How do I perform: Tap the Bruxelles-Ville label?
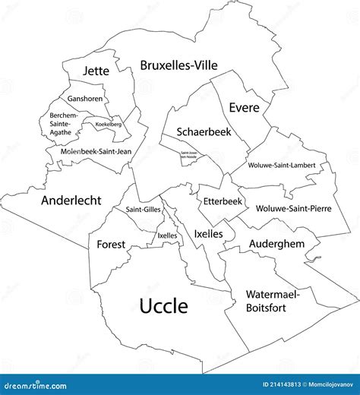(178, 66)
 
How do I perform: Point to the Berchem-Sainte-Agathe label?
(59, 124)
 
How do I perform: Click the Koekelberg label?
(109, 124)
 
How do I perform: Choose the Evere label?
(245, 108)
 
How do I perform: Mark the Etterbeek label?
(223, 201)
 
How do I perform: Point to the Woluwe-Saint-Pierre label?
(293, 208)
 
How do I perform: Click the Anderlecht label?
(71, 201)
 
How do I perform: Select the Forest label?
(111, 245)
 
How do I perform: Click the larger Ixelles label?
(208, 234)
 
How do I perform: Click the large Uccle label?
(163, 305)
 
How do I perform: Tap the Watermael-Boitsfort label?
(273, 301)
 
